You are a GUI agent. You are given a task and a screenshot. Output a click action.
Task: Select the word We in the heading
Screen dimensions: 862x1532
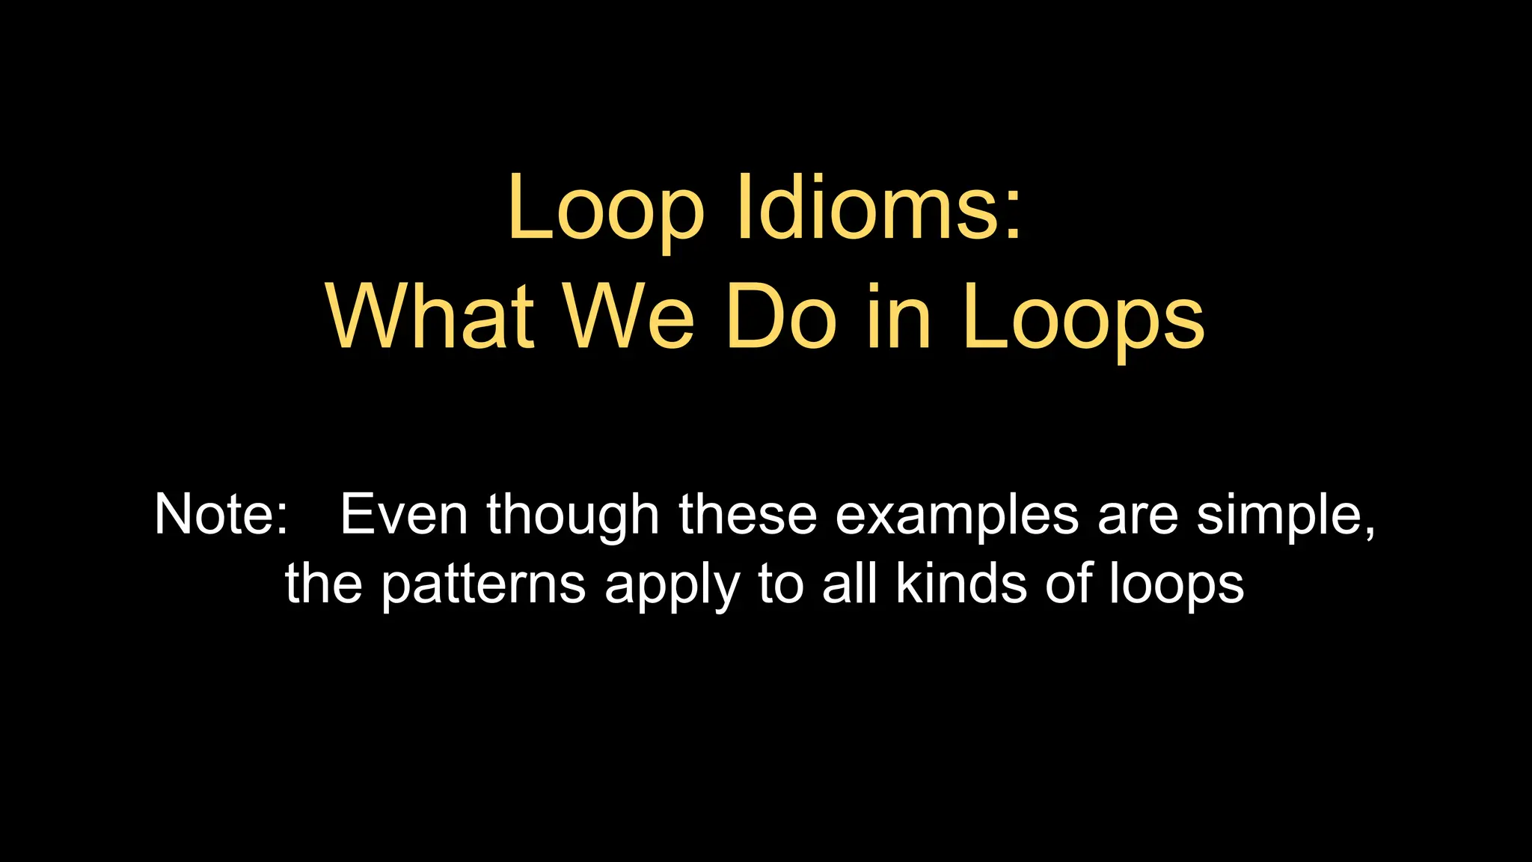(x=628, y=317)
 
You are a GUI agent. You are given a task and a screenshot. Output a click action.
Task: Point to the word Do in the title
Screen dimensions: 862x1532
(x=780, y=317)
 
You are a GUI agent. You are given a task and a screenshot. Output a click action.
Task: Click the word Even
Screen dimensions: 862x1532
(x=404, y=515)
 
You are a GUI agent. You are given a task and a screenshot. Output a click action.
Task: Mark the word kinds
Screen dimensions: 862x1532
(x=961, y=584)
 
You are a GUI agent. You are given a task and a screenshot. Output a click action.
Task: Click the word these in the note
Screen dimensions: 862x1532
(x=748, y=515)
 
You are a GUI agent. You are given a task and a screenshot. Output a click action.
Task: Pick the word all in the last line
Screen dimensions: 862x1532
(x=849, y=584)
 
